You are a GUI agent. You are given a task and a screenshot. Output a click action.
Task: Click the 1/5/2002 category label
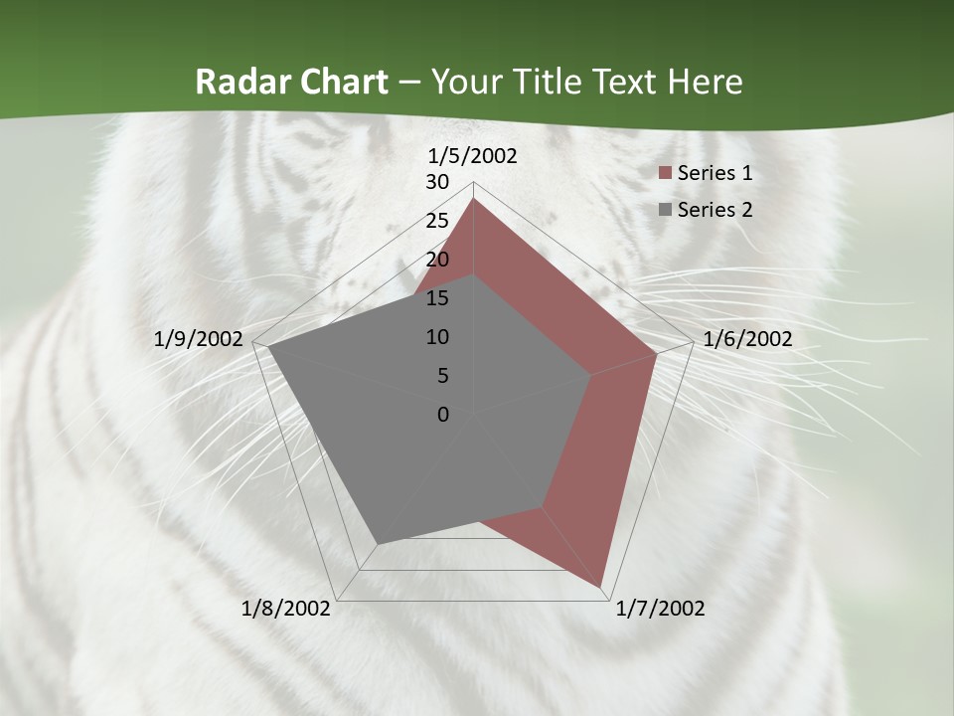coord(473,155)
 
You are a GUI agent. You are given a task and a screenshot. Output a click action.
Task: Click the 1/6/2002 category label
coord(747,339)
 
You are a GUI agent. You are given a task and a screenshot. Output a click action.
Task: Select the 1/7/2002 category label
coord(660,609)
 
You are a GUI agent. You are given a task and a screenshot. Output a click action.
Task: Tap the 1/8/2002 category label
coord(286,609)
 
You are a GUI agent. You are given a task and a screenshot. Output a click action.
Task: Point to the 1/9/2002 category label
coord(199,339)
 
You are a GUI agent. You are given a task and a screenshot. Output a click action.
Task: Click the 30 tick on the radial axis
coord(437,182)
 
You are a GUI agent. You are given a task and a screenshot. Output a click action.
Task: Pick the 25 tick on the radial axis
coord(437,221)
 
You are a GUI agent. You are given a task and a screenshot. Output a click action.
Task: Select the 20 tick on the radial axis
coord(437,260)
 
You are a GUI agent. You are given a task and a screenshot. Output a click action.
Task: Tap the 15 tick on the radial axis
coord(437,298)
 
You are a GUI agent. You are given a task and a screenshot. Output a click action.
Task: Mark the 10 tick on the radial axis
coord(437,337)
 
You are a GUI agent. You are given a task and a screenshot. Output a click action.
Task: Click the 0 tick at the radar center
coord(443,415)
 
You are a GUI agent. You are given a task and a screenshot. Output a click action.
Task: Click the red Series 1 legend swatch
coord(666,174)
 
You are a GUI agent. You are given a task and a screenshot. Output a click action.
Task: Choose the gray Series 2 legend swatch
coord(666,210)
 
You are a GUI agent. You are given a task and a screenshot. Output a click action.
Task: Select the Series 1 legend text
coord(715,173)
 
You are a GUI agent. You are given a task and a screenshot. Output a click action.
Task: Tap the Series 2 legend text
coord(715,210)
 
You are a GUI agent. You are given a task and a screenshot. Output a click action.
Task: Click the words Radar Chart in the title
coord(291,82)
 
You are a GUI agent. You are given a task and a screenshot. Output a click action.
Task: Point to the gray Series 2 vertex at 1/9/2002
coord(267,347)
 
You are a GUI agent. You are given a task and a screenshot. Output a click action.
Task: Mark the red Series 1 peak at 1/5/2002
coord(474,199)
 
